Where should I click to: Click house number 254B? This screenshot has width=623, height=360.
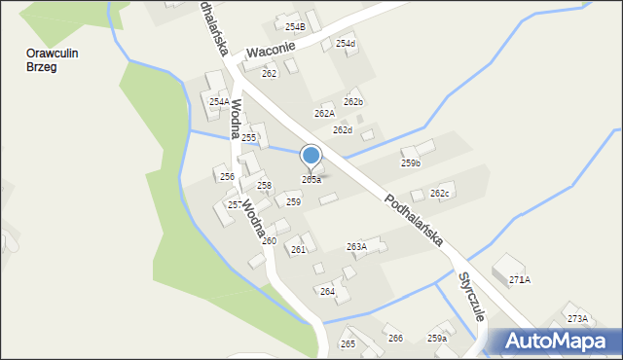295,26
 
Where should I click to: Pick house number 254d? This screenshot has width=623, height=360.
346,44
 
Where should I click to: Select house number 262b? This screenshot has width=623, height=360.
353,101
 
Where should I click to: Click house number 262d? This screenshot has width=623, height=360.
342,129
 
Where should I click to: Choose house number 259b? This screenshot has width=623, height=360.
411,163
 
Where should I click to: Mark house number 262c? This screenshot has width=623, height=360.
440,194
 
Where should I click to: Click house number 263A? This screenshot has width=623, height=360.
357,247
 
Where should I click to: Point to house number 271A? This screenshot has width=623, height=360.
520,279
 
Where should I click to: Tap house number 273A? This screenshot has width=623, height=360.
577,318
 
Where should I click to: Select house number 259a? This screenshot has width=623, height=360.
437,338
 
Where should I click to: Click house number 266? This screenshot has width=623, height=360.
395,338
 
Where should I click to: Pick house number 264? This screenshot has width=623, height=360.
327,291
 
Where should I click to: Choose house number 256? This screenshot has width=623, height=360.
227,176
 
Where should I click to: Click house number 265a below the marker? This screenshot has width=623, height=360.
311,180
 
